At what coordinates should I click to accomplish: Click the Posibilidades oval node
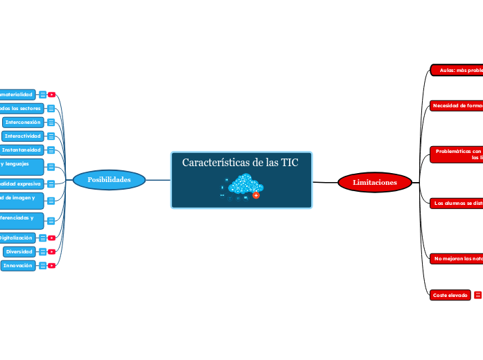pos(109,180)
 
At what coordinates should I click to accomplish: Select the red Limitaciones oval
pos(375,182)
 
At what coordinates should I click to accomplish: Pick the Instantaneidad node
pos(21,150)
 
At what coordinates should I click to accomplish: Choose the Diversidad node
pos(19,251)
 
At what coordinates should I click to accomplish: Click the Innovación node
pos(18,265)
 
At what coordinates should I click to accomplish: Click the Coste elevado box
pos(450,295)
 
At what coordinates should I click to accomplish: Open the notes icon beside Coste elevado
pos(477,295)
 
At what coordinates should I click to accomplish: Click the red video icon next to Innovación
pos(51,266)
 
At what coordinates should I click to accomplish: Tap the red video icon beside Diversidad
pos(51,252)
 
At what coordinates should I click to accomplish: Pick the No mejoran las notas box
pos(456,258)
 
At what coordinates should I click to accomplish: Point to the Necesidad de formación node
pos(456,105)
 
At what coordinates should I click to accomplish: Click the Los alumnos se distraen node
pos(456,203)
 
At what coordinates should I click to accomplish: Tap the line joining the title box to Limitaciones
pos(325,182)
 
